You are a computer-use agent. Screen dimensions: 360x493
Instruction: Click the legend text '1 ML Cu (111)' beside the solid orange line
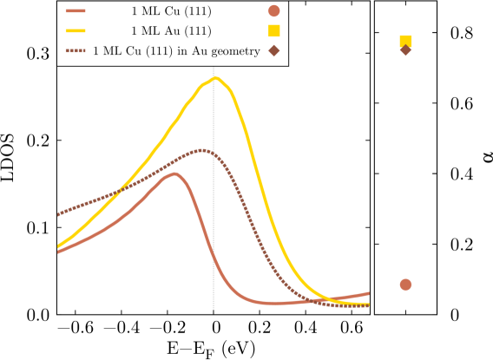click(x=170, y=11)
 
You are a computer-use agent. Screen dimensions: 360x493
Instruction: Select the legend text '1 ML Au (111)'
click(x=170, y=31)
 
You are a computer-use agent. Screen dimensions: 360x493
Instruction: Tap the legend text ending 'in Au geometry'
click(x=176, y=51)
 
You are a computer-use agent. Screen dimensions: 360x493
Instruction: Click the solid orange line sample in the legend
click(x=76, y=11)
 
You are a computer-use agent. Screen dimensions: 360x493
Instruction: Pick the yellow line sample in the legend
click(x=76, y=31)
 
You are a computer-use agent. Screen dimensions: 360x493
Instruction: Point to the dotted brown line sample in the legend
click(x=76, y=51)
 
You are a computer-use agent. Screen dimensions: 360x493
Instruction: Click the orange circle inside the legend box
click(x=274, y=11)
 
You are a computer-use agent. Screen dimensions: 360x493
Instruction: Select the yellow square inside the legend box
click(x=274, y=31)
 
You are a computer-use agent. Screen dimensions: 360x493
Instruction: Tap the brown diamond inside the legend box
click(x=274, y=51)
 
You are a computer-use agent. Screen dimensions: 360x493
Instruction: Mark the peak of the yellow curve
click(x=216, y=79)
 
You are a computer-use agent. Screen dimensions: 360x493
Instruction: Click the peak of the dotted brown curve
click(x=201, y=150)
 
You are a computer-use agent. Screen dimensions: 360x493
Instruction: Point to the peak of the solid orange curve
click(x=175, y=173)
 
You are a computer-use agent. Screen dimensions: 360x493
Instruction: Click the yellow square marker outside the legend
click(x=405, y=40)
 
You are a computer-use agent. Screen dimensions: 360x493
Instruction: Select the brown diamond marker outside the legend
click(x=405, y=50)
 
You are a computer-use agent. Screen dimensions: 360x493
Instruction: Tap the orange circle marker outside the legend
click(x=405, y=285)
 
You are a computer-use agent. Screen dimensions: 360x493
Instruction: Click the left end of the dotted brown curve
click(x=59, y=213)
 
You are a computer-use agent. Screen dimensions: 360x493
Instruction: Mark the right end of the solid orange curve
click(x=368, y=294)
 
